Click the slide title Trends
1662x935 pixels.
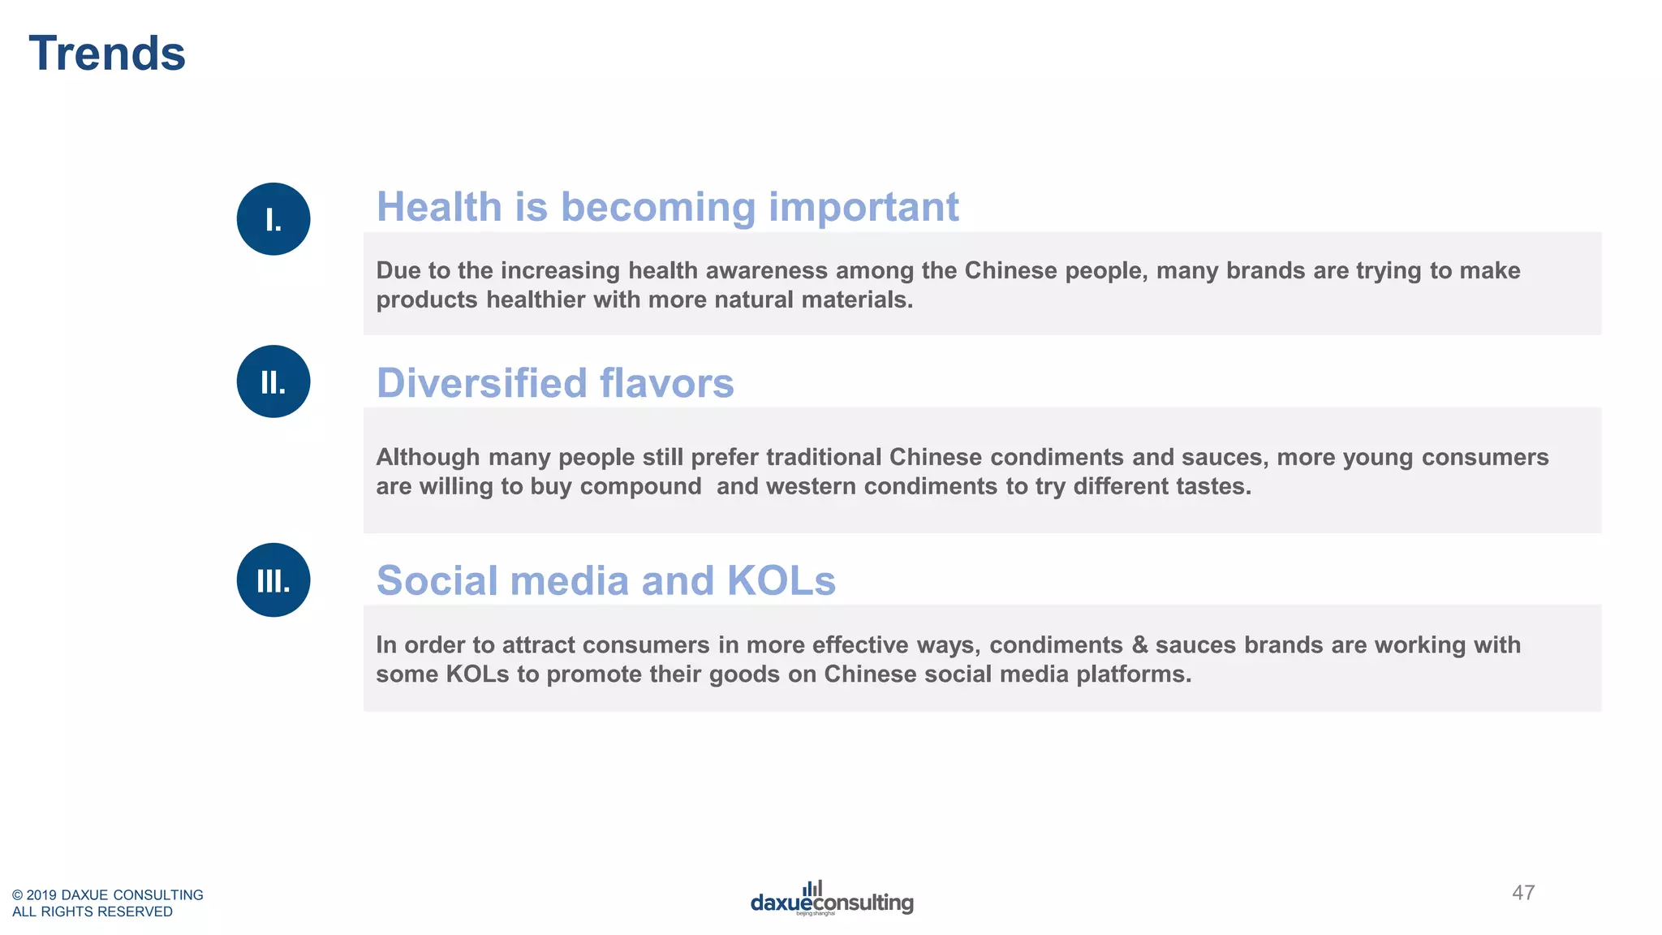[107, 54]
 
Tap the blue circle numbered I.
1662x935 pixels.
[273, 219]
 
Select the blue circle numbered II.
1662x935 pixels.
[273, 381]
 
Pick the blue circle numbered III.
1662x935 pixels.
[273, 580]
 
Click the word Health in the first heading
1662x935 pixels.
[439, 207]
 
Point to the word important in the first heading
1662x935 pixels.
[863, 207]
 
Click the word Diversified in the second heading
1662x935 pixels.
[480, 383]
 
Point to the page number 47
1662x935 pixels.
[1523, 893]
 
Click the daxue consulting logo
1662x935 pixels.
[832, 899]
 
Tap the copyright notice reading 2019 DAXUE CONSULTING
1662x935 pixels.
[108, 894]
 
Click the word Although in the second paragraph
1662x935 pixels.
[428, 457]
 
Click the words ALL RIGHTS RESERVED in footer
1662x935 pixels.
[93, 911]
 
